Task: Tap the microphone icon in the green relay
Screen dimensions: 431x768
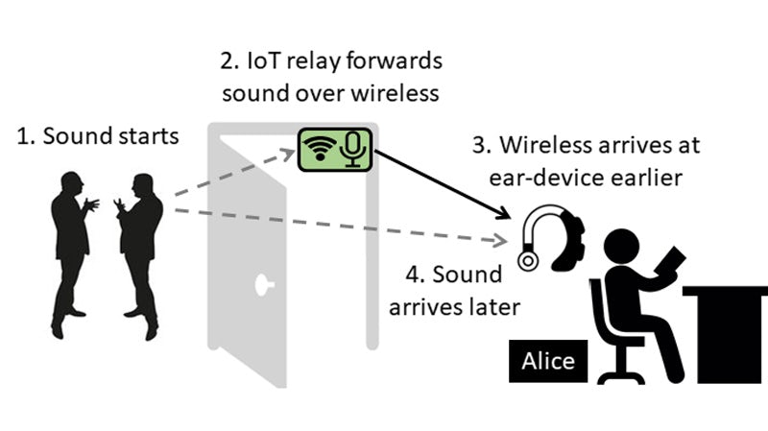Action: pos(355,147)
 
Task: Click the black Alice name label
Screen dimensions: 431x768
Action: pos(548,361)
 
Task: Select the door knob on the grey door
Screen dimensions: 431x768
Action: pos(261,284)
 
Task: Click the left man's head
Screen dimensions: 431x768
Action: pos(70,182)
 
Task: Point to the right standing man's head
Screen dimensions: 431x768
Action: pos(143,183)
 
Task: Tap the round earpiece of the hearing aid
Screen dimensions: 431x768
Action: pos(527,259)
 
